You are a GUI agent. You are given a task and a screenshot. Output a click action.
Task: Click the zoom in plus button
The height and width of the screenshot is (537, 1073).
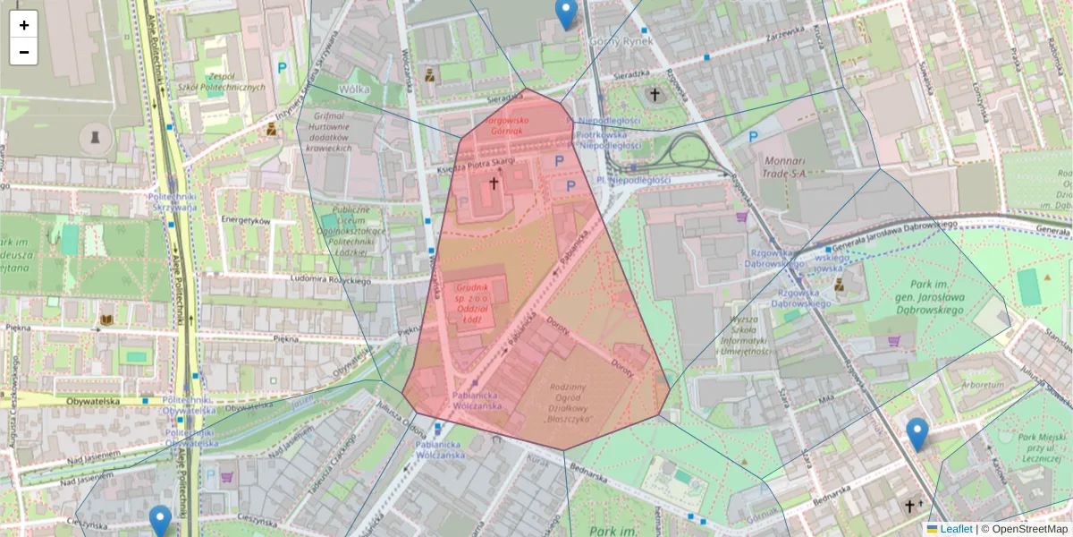click(x=24, y=25)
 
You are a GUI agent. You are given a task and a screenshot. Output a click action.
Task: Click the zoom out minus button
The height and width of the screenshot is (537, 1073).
click(x=24, y=52)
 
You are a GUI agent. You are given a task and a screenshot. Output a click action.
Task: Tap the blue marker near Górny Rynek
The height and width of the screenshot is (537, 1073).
click(x=565, y=13)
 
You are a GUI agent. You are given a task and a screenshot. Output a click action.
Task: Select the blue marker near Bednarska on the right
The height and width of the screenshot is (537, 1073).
click(x=917, y=434)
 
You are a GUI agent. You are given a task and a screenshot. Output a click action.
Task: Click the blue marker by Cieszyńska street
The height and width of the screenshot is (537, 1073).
click(x=160, y=520)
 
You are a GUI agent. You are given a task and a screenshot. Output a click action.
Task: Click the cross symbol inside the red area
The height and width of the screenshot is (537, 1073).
click(x=492, y=183)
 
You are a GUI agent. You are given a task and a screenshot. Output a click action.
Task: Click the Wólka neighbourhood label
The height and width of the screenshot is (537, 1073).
click(x=355, y=90)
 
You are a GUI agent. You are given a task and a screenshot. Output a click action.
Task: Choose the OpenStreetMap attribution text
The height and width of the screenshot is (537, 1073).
click(x=1029, y=529)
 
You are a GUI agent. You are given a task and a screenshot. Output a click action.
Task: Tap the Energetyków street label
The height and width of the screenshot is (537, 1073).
click(x=245, y=219)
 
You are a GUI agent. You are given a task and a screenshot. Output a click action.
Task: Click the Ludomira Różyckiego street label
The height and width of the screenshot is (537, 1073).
click(x=331, y=280)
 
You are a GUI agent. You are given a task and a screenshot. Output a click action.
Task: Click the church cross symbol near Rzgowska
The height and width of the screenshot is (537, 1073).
click(x=655, y=93)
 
